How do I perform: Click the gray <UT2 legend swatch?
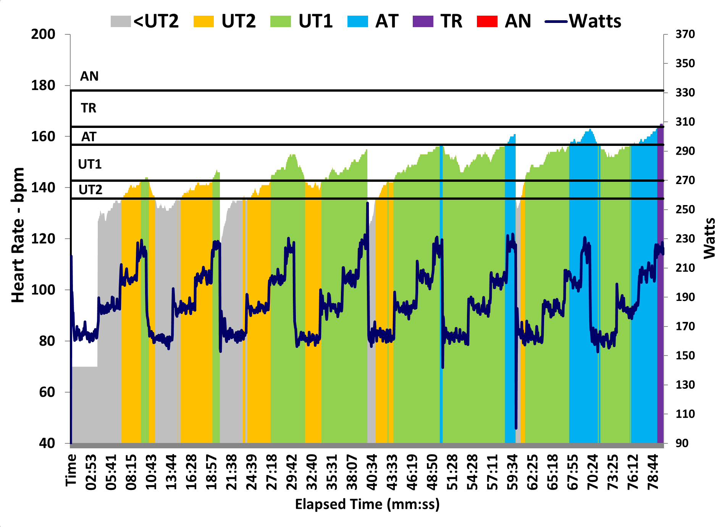pyautogui.click(x=121, y=21)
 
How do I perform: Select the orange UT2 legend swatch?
pyautogui.click(x=204, y=21)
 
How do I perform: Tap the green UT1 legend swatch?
pyautogui.click(x=280, y=21)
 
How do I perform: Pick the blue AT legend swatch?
pyautogui.click(x=358, y=21)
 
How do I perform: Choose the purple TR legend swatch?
pyautogui.click(x=423, y=21)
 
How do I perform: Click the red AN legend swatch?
pyautogui.click(x=487, y=21)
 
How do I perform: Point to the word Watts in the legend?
pyautogui.click(x=595, y=21)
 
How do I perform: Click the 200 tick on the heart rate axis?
pyautogui.click(x=43, y=34)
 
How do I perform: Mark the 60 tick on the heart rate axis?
pyautogui.click(x=47, y=392)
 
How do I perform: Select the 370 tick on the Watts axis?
pyautogui.click(x=685, y=34)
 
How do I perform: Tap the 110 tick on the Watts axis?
pyautogui.click(x=685, y=414)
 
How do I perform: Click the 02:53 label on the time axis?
pyautogui.click(x=91, y=472)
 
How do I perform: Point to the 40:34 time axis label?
pyautogui.click(x=372, y=472)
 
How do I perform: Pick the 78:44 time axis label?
pyautogui.click(x=653, y=472)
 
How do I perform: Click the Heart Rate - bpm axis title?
pyautogui.click(x=18, y=235)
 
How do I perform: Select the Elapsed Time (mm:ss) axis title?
pyautogui.click(x=367, y=504)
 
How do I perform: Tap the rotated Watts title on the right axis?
pyautogui.click(x=709, y=238)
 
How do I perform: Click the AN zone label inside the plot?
pyautogui.click(x=89, y=76)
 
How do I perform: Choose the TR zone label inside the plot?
pyautogui.click(x=89, y=108)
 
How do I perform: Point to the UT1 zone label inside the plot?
pyautogui.click(x=90, y=164)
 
